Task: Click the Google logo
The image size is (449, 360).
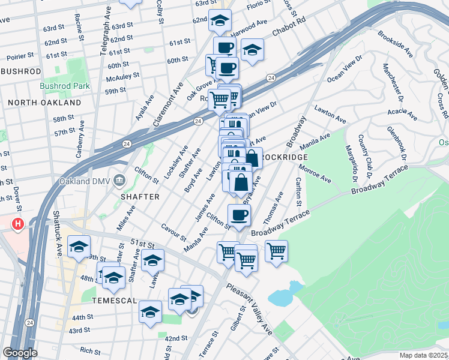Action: pyautogui.click(x=20, y=353)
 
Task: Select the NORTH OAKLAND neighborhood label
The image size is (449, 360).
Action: pyautogui.click(x=45, y=103)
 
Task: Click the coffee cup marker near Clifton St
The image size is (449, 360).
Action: pyautogui.click(x=239, y=215)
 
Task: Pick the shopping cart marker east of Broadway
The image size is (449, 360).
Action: pyautogui.click(x=276, y=250)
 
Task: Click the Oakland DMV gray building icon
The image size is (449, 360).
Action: pyautogui.click(x=119, y=179)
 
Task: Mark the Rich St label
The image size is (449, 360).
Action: pyautogui.click(x=90, y=350)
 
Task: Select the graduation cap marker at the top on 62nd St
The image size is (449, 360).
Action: pyautogui.click(x=220, y=20)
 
